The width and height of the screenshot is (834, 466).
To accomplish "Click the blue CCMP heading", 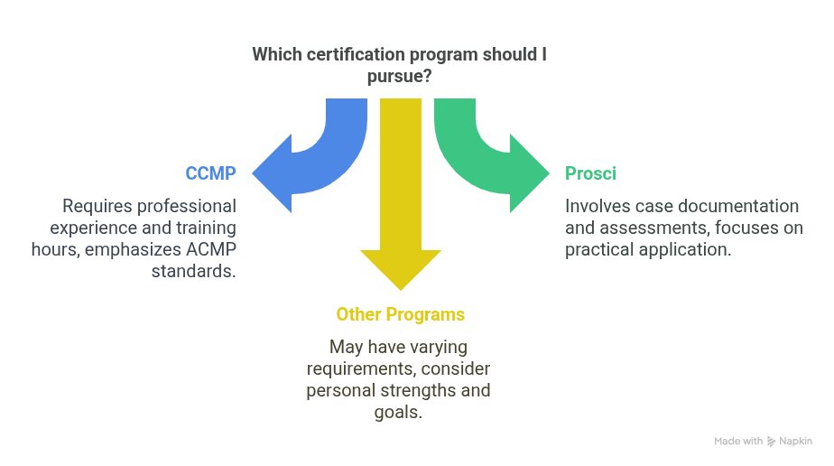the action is pyautogui.click(x=210, y=173).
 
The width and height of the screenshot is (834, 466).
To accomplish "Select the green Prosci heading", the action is pyautogui.click(x=590, y=173).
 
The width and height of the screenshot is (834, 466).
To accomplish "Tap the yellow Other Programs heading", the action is pyautogui.click(x=401, y=314).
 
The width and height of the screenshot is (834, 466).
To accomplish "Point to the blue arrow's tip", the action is pyautogui.click(x=253, y=173).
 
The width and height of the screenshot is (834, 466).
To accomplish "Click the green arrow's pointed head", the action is pyautogui.click(x=549, y=173).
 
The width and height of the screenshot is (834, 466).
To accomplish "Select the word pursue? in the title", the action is pyautogui.click(x=400, y=76).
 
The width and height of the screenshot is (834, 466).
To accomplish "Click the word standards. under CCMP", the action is pyautogui.click(x=193, y=271).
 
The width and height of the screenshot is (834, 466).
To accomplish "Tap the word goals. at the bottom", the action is pyautogui.click(x=398, y=413).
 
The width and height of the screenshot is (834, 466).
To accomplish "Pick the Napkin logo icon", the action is pyautogui.click(x=771, y=442).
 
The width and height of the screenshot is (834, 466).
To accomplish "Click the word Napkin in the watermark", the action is pyautogui.click(x=796, y=441).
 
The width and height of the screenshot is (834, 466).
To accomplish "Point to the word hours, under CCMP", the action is pyautogui.click(x=56, y=249).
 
